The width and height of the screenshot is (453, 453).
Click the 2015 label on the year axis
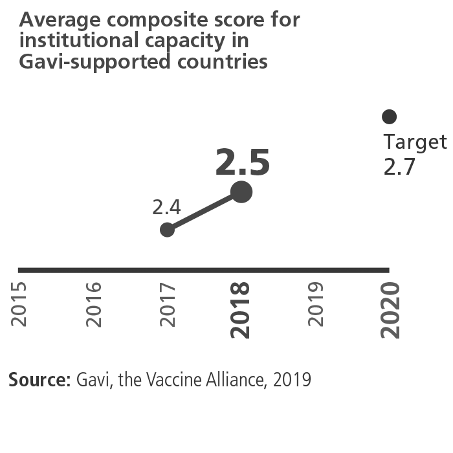pyautogui.click(x=19, y=304)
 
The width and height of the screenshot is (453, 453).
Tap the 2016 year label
pyautogui.click(x=93, y=304)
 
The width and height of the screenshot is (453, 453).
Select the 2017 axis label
pyautogui.click(x=168, y=304)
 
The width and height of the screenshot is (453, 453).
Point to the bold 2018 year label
pyautogui.click(x=241, y=310)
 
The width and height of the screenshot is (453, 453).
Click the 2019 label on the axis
pyautogui.click(x=315, y=304)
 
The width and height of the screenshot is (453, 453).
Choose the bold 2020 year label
pyautogui.click(x=390, y=310)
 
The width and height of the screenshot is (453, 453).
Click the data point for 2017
pyautogui.click(x=167, y=229)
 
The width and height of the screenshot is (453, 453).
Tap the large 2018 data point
pyautogui.click(x=241, y=192)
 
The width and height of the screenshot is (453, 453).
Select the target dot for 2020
pyautogui.click(x=389, y=116)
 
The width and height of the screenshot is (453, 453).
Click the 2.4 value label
pyautogui.click(x=166, y=207)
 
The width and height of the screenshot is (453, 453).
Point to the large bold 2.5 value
pyautogui.click(x=243, y=163)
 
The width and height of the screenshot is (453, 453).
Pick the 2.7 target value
pyautogui.click(x=399, y=167)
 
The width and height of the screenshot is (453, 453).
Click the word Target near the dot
pyautogui.click(x=415, y=142)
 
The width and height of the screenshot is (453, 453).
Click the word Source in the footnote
pyautogui.click(x=39, y=380)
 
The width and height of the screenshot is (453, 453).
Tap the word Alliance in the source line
pyautogui.click(x=235, y=380)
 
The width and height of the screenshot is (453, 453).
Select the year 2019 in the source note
pyautogui.click(x=292, y=380)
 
